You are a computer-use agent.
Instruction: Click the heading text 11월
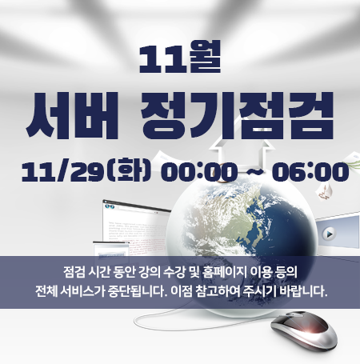point(180,57)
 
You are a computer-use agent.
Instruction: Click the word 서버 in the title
point(72,116)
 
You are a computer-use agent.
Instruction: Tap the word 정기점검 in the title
point(238,115)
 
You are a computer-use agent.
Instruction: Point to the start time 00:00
point(199,172)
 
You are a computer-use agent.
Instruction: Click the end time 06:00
point(310,172)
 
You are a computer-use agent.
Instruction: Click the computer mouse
point(304,330)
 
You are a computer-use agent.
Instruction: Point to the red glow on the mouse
point(310,328)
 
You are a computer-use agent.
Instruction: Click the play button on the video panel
point(330,234)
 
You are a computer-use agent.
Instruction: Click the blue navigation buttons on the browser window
point(110,206)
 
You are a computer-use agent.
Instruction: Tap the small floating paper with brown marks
point(324,191)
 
